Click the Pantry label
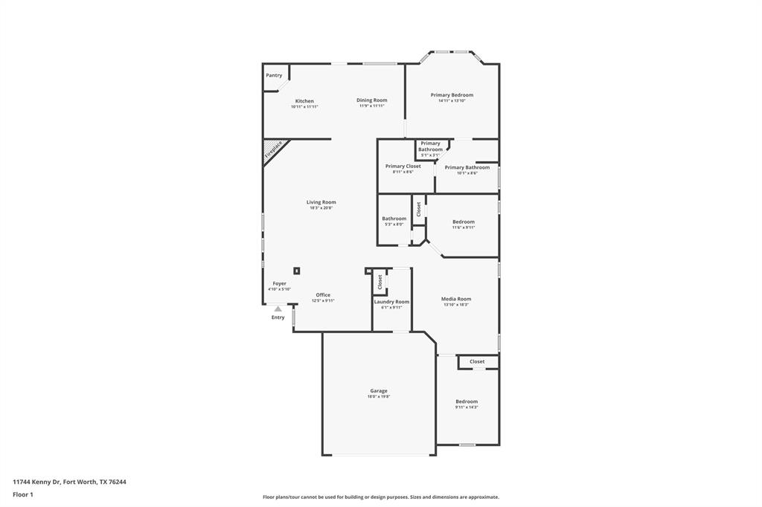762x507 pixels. tap(274, 75)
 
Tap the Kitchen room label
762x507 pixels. tap(304, 101)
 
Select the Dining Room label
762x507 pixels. tap(371, 100)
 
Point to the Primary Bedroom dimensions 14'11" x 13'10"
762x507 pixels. tap(452, 101)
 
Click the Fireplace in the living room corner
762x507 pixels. tap(273, 150)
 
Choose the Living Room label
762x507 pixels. tap(321, 202)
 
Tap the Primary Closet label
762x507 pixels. tap(403, 167)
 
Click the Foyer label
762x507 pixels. tap(279, 283)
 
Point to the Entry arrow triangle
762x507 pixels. tap(278, 309)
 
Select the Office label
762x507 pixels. tap(323, 295)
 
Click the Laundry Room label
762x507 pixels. tap(391, 302)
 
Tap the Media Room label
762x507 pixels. tap(456, 299)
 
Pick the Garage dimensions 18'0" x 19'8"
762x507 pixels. tap(378, 397)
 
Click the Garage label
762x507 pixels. tap(378, 391)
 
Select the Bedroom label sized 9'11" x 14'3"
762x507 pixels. tap(467, 401)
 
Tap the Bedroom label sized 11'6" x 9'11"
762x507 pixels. tap(464, 222)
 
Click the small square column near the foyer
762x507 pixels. tap(297, 271)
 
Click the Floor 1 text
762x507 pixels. tap(23, 494)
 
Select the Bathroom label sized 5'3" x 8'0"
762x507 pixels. tap(394, 219)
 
